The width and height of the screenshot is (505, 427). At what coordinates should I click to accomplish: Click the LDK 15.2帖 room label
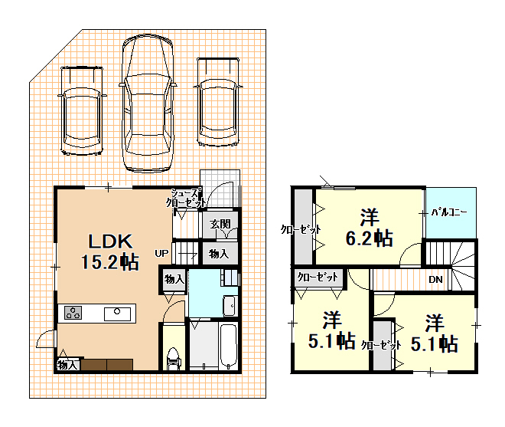(110, 251)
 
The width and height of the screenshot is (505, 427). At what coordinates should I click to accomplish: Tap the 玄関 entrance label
(220, 224)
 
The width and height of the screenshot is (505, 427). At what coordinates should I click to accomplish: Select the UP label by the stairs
(161, 253)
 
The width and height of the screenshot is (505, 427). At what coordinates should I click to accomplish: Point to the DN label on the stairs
(435, 280)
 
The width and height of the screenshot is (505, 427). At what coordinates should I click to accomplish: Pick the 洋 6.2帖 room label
(369, 228)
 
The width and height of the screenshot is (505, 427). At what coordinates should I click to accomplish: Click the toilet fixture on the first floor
(173, 359)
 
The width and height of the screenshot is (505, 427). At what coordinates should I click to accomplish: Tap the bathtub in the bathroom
(228, 346)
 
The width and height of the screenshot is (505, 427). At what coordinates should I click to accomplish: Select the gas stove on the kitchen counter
(73, 313)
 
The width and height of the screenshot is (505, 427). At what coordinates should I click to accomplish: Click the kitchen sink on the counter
(117, 314)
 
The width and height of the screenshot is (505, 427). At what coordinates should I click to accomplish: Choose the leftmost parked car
(82, 110)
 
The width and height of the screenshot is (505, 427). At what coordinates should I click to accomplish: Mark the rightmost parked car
(218, 102)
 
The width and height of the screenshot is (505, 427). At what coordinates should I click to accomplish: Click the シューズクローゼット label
(185, 198)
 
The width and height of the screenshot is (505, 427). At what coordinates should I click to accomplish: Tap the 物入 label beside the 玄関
(219, 254)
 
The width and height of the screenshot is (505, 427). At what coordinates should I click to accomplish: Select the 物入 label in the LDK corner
(67, 365)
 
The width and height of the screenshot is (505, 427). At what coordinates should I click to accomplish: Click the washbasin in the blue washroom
(230, 305)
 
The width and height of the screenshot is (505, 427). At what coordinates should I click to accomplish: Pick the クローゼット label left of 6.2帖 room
(301, 229)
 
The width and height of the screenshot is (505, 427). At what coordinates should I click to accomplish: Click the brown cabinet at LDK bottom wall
(106, 365)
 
